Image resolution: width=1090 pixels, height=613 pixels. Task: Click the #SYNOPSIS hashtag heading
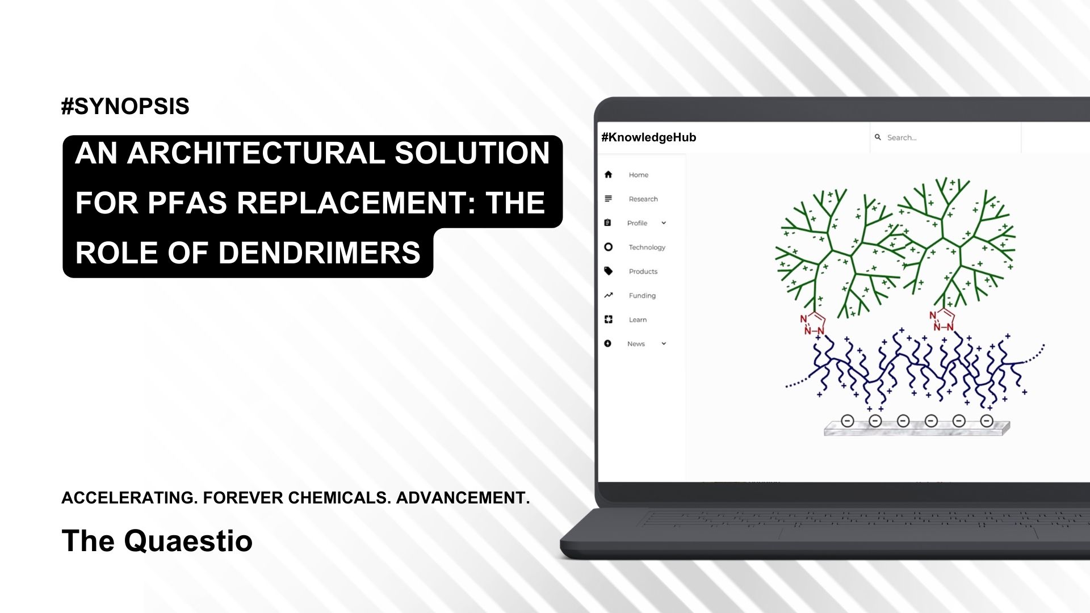(x=125, y=107)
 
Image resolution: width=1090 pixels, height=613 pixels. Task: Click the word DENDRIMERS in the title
(x=319, y=253)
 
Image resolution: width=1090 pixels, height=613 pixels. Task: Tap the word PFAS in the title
(x=187, y=203)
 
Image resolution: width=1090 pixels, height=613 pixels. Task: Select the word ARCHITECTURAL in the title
(x=255, y=153)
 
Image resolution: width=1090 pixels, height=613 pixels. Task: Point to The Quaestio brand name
(x=157, y=540)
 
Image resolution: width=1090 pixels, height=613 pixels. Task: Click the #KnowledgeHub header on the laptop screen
(x=648, y=137)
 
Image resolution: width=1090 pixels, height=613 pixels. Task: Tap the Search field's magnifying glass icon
(x=878, y=137)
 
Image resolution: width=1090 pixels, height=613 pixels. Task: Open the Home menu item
(x=638, y=175)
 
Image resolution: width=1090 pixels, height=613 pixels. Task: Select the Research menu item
(x=643, y=199)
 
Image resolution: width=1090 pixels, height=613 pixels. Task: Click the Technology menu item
(x=647, y=247)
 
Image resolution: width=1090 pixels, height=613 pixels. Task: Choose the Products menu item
(x=643, y=272)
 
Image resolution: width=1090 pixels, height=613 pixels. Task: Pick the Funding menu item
(x=642, y=296)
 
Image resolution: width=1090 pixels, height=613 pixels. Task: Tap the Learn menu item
(x=638, y=320)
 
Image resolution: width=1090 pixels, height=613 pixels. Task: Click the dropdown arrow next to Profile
(x=664, y=223)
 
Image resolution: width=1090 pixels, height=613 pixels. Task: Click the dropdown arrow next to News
(x=664, y=343)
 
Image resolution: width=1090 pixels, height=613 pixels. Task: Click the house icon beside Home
(x=608, y=175)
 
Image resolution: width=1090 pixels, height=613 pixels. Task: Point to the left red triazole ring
(x=814, y=324)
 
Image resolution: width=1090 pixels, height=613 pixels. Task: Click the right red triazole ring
(x=943, y=320)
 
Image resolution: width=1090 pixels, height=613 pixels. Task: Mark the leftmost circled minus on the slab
(x=848, y=421)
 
